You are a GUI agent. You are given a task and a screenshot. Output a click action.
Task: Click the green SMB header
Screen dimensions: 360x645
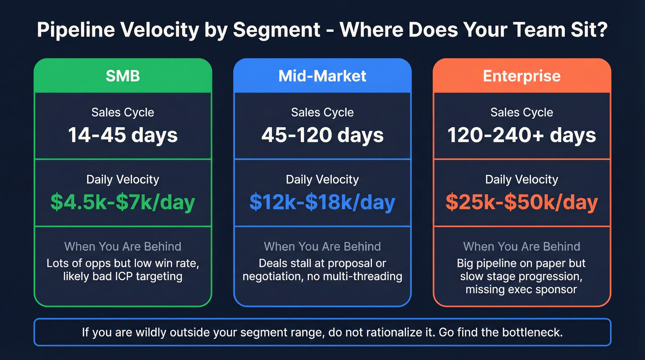(x=123, y=76)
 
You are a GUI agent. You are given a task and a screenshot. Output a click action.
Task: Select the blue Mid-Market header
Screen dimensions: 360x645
(x=322, y=76)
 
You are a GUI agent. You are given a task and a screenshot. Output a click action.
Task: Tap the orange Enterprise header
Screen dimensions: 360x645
(x=522, y=76)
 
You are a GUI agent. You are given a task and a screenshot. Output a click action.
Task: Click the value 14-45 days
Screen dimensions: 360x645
(x=123, y=135)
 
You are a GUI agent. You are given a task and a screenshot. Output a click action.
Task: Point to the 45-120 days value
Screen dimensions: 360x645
(x=322, y=135)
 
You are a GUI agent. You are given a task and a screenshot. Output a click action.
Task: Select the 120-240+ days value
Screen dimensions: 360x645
(x=522, y=135)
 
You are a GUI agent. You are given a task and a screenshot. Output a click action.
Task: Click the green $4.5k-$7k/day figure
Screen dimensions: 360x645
(x=123, y=202)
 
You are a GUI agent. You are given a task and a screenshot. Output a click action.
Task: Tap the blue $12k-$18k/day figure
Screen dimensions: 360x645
(x=322, y=202)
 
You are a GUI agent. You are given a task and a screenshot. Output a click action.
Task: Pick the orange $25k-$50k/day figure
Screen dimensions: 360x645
(x=522, y=202)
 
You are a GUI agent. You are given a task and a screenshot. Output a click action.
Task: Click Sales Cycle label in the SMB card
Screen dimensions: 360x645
(x=123, y=112)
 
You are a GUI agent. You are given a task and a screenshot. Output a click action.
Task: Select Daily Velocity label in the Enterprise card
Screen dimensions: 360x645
(x=522, y=179)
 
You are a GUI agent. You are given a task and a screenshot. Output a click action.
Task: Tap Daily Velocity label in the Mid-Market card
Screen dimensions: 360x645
(x=322, y=179)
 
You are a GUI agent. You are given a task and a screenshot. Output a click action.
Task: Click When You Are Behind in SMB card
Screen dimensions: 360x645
(x=123, y=246)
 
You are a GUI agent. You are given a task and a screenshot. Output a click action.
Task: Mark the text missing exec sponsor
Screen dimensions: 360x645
(x=522, y=289)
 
